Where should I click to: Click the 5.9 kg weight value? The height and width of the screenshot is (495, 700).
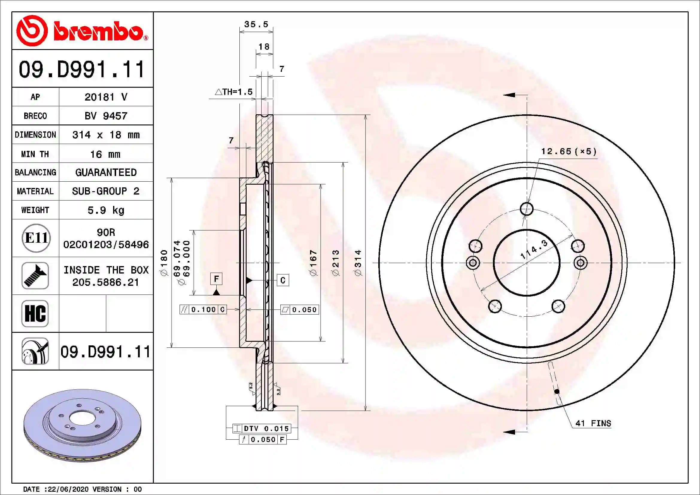point(106,210)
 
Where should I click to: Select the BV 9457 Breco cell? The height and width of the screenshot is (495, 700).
point(106,116)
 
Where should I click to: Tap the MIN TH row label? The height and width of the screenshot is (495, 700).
point(35,154)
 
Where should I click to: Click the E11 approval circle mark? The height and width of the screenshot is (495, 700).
point(36,238)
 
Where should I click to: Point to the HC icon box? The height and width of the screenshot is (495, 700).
point(35,313)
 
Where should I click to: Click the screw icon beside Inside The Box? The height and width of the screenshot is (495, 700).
point(35,276)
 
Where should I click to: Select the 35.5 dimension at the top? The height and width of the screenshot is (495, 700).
point(256,24)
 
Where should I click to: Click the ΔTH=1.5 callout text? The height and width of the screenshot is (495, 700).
point(234,92)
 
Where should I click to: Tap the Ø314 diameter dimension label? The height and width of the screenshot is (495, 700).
point(358,263)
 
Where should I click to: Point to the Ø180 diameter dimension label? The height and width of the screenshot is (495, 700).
point(164,263)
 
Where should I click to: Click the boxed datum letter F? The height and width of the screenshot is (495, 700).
point(216,279)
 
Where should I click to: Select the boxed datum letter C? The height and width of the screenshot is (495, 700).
point(283,280)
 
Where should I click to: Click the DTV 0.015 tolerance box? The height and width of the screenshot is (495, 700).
point(262,428)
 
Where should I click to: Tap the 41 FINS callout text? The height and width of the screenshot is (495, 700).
point(593,423)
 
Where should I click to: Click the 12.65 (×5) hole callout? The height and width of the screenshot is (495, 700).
point(569,151)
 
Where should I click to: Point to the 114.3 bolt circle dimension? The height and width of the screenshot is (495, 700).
point(534,249)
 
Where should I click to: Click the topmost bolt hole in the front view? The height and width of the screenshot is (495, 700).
point(526,209)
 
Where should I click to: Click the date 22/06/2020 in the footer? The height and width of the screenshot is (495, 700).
point(68,489)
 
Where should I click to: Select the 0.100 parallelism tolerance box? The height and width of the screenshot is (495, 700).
point(203,309)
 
